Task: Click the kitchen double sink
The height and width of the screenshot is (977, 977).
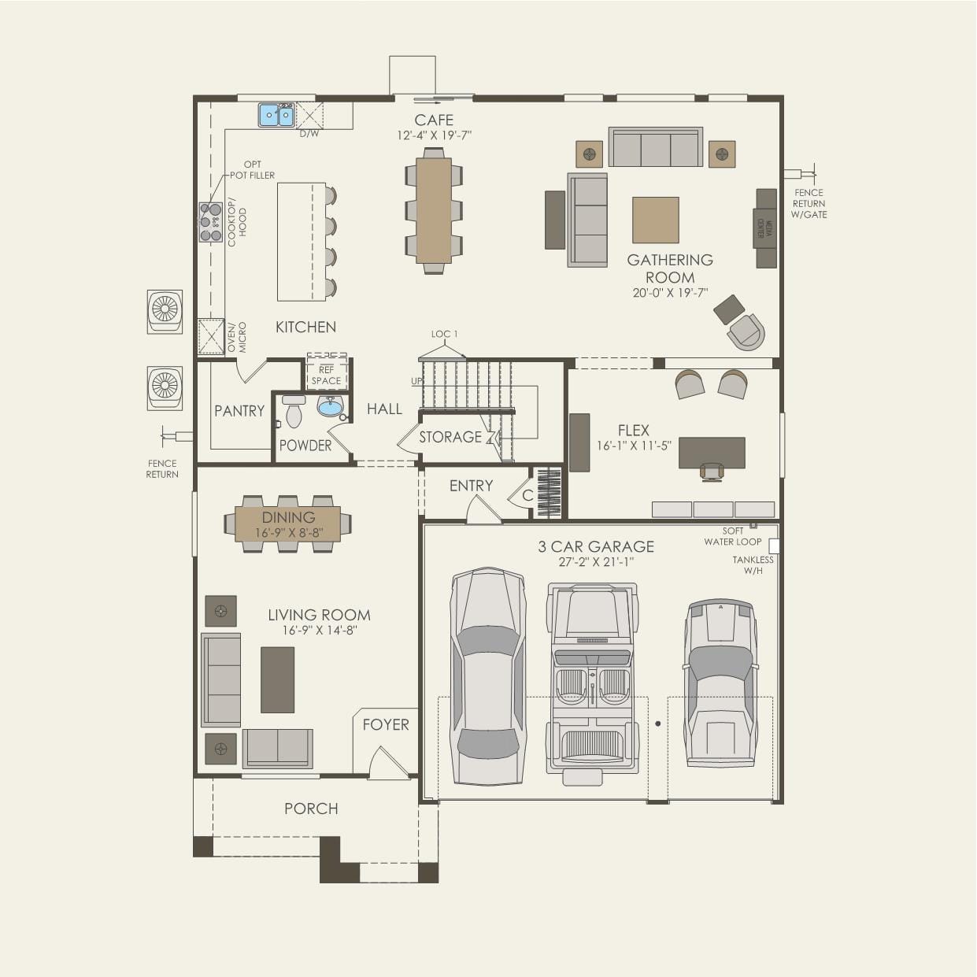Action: (276, 116)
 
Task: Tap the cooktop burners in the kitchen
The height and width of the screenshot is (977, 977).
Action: (210, 222)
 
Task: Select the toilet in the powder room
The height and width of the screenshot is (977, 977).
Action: (294, 412)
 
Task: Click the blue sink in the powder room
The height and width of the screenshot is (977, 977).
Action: (331, 406)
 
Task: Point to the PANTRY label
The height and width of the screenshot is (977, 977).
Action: (239, 411)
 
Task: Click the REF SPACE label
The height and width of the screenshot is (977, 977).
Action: (326, 375)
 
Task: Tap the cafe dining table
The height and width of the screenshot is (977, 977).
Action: (434, 210)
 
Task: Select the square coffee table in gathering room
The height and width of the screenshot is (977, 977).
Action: (655, 220)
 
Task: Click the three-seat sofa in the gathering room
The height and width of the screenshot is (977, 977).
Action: (655, 147)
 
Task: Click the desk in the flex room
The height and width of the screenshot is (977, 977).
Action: (712, 453)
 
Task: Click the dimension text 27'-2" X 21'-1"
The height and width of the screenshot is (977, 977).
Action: (596, 562)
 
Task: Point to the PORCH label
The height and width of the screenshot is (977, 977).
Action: (311, 809)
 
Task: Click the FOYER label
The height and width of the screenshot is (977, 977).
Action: (386, 724)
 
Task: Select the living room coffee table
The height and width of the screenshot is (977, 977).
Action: (277, 679)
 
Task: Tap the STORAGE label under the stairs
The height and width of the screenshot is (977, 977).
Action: (450, 437)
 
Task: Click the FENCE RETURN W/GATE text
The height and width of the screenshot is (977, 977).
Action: (809, 203)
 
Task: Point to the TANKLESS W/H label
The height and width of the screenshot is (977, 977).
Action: (753, 565)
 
